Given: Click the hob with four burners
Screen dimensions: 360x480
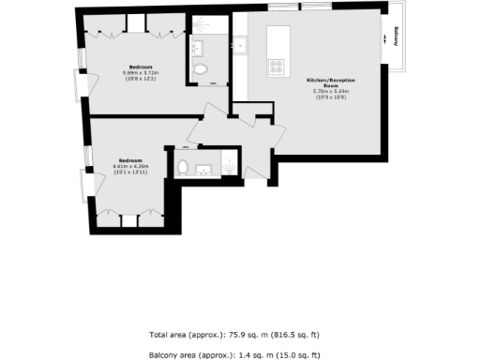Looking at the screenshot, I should (x=277, y=67).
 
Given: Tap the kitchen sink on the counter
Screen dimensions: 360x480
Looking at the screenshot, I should (x=240, y=44).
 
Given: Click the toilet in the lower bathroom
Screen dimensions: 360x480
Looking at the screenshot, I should (x=183, y=168).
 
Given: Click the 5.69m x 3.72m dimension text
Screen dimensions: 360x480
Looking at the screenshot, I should (x=141, y=73).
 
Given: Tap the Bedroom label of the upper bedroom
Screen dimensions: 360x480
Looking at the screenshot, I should (x=141, y=67).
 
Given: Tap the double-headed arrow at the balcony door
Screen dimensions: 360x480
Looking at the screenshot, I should (x=384, y=40).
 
